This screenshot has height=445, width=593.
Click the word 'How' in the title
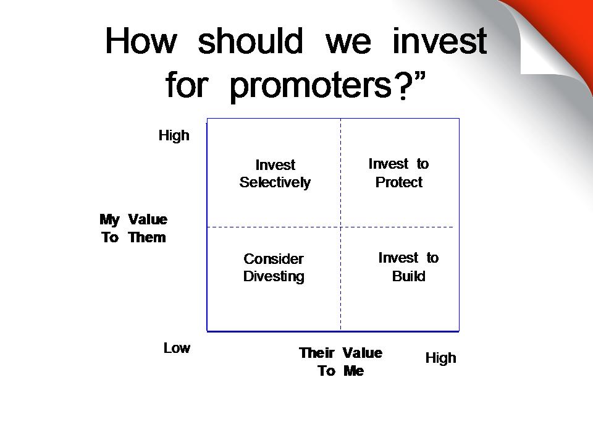point(141,41)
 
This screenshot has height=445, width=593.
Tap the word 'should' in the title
point(250,41)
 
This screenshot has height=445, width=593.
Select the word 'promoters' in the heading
point(311,85)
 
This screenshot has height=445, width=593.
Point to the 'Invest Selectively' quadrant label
point(275,174)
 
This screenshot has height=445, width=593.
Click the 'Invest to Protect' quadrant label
point(398,173)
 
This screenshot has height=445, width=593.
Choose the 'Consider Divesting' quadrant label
point(274,268)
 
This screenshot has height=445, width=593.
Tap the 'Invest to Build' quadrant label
point(408,267)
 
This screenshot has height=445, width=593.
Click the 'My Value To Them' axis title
point(133,228)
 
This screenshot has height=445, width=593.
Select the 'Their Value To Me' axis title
point(341,362)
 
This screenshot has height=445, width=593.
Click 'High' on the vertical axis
point(174,135)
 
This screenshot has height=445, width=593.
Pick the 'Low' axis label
point(177,348)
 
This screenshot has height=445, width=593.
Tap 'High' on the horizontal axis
point(440,358)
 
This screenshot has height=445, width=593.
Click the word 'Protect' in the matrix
point(398,182)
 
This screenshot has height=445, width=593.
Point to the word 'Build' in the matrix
point(408,276)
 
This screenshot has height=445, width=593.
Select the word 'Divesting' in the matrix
point(274,277)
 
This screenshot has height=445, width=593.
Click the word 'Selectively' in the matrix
point(275,183)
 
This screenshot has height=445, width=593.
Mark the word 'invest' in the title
point(440,41)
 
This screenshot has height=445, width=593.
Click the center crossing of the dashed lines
point(341,227)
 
